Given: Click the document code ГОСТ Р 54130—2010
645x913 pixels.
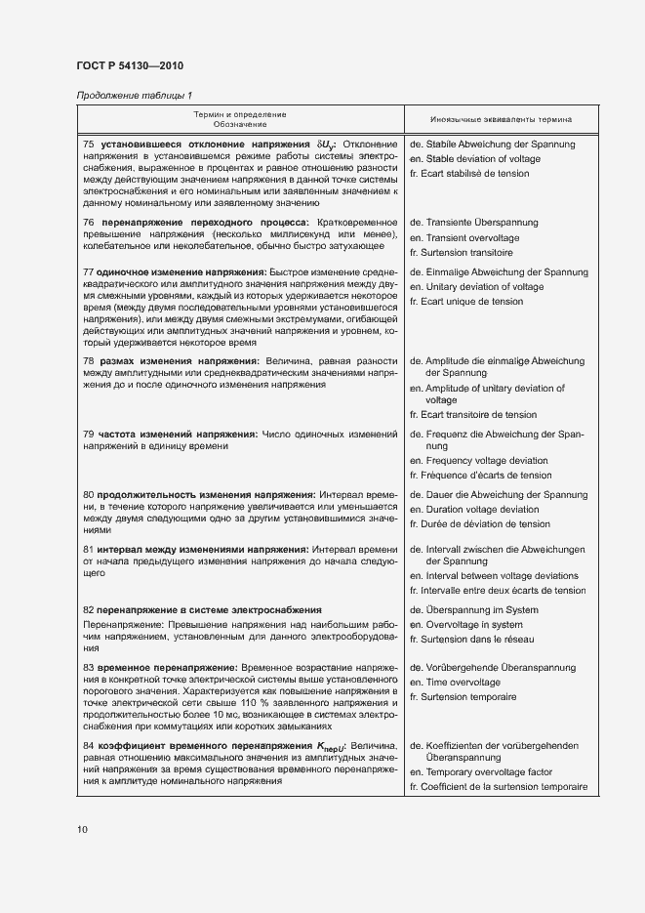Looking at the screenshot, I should [130, 66].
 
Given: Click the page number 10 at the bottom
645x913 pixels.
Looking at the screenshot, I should [82, 829].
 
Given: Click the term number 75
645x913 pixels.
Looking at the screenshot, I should [89, 145].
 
